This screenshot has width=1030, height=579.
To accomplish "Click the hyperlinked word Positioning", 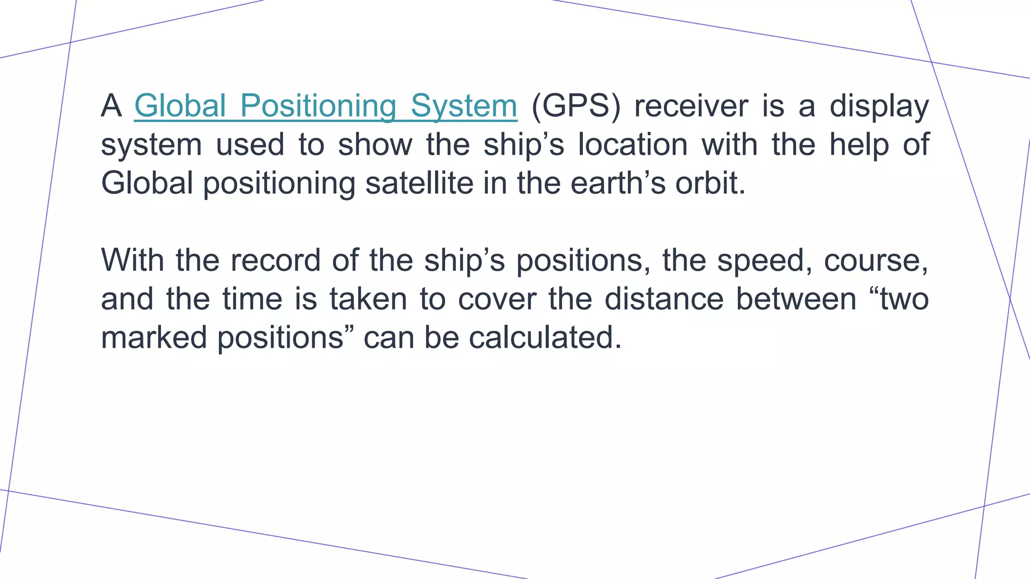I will pos(318,107).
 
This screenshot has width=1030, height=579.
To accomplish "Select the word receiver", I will pos(691,107).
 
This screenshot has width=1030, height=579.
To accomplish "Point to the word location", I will pos(633,145).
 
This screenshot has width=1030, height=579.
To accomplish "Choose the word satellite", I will pos(419,183).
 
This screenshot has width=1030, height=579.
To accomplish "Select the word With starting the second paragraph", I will pos(132,260).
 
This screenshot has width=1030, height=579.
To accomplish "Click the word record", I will pos(275,260).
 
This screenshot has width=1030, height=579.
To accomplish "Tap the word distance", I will pos(663,299).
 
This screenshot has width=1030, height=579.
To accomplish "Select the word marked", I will pos(154,337).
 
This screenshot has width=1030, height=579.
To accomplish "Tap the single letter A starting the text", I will pos(111,107).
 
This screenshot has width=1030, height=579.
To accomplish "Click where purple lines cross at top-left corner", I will pos(70,42).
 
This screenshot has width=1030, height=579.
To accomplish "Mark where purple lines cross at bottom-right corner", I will pos(984,506).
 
